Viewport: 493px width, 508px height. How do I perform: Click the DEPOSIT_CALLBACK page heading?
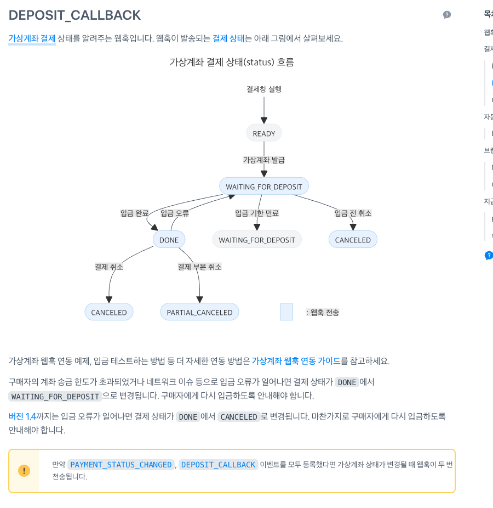click(x=74, y=15)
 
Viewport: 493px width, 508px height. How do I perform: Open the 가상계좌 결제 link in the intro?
click(x=32, y=38)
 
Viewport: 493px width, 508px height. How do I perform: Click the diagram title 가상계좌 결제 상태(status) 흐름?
click(x=232, y=62)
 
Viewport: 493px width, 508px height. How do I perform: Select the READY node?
click(x=264, y=133)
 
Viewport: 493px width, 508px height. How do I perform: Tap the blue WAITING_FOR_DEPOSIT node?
click(x=264, y=187)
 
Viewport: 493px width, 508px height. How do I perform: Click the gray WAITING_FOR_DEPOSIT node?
click(x=257, y=240)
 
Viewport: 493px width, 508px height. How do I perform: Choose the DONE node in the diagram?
click(x=169, y=240)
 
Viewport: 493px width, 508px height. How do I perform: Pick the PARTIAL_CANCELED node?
click(x=199, y=312)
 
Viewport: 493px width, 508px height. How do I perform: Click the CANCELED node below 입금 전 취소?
click(x=353, y=240)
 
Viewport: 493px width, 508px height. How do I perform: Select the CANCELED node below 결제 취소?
click(x=109, y=312)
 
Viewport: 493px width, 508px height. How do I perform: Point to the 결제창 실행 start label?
click(x=264, y=89)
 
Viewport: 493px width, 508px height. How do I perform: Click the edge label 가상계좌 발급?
click(x=264, y=160)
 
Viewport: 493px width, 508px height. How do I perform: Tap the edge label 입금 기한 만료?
click(x=257, y=213)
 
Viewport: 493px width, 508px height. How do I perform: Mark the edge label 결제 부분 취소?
click(x=199, y=267)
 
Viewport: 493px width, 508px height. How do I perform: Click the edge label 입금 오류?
click(x=175, y=213)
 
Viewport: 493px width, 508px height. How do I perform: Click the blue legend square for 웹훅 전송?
click(x=286, y=312)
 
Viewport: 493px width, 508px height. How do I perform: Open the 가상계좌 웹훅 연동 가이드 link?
click(x=296, y=361)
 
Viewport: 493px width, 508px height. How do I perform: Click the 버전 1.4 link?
click(x=22, y=416)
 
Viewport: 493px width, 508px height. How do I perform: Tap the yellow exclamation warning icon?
click(x=24, y=471)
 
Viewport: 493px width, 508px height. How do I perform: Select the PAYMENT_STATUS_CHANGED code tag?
click(x=121, y=465)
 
